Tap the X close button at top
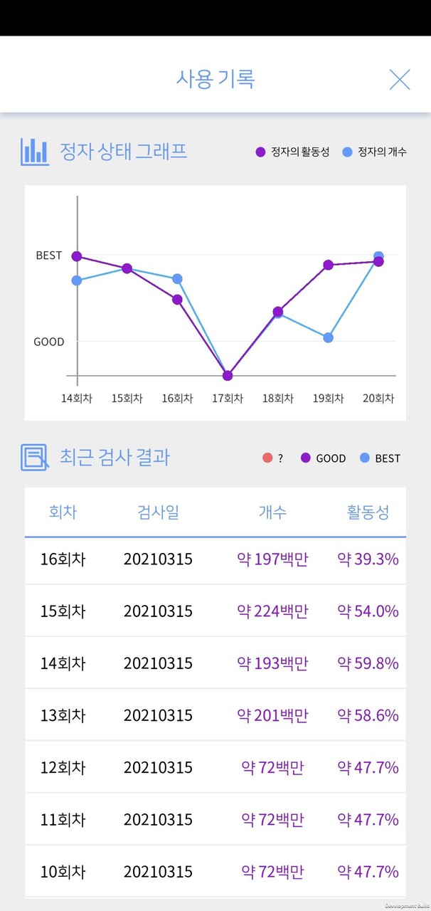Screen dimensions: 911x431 (400, 79)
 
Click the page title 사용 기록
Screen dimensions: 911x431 (215, 78)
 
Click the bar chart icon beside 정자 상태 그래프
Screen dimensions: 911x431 (35, 152)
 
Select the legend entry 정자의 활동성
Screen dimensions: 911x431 (292, 152)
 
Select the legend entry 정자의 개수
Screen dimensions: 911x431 (375, 152)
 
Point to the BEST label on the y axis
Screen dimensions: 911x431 (49, 256)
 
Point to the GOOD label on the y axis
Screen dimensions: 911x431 (49, 342)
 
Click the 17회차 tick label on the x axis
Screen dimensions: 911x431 (228, 399)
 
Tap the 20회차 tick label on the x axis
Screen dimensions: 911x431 (378, 399)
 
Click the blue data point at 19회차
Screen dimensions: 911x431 (328, 337)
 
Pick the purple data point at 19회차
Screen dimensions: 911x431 (328, 265)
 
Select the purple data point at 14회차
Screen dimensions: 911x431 (77, 256)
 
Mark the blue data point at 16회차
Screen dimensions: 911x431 (177, 279)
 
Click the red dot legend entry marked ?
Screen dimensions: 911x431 (272, 458)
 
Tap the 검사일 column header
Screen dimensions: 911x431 (158, 512)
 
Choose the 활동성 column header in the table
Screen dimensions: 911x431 (368, 512)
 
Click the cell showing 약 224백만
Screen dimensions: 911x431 (272, 611)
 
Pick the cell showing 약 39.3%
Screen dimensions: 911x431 (368, 559)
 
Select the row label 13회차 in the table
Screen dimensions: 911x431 (63, 715)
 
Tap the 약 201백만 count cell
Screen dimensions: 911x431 (272, 715)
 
